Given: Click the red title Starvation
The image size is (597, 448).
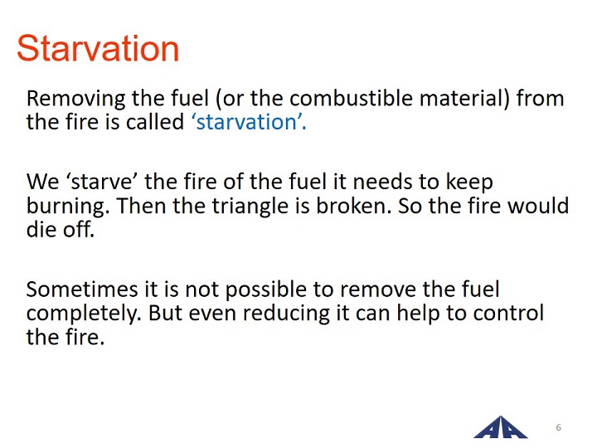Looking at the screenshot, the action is coord(98,48).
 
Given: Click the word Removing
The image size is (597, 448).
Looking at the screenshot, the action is coord(76,99).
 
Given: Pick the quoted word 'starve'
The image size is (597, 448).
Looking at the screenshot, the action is coord(101,182).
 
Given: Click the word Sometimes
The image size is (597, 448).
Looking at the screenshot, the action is coord(82,290).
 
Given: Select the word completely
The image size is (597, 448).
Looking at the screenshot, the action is coord(84,314).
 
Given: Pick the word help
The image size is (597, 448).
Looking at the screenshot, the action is coord(418,314).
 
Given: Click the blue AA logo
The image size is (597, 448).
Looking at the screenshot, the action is coord(501,427).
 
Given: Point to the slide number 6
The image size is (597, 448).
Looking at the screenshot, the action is coord(559,427).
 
